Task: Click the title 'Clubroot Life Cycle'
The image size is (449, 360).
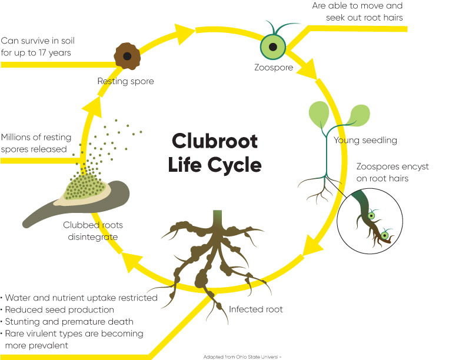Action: [x=215, y=153]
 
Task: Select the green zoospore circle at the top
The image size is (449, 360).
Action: [x=273, y=46]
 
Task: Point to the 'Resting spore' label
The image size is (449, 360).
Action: [x=125, y=81]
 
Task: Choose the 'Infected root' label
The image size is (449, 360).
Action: [x=256, y=309]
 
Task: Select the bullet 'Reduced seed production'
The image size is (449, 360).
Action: [x=59, y=309]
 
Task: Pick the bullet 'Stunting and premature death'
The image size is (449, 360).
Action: [x=68, y=321]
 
